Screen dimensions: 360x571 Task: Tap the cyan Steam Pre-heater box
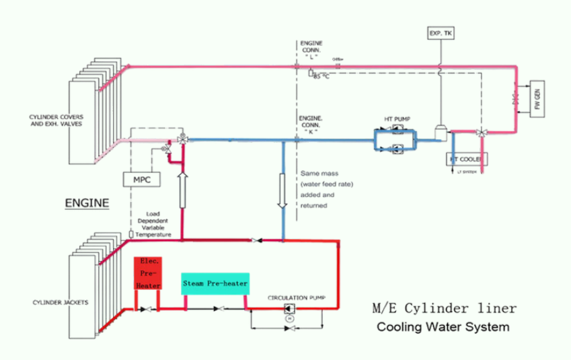click(x=215, y=283)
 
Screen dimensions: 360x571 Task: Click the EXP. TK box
click(x=440, y=32)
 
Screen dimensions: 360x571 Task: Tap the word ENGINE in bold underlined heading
click(x=87, y=201)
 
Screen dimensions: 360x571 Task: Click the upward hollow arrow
click(x=182, y=190)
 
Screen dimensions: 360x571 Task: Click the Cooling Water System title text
click(x=443, y=328)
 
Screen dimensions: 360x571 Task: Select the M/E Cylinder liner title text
click(x=445, y=310)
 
